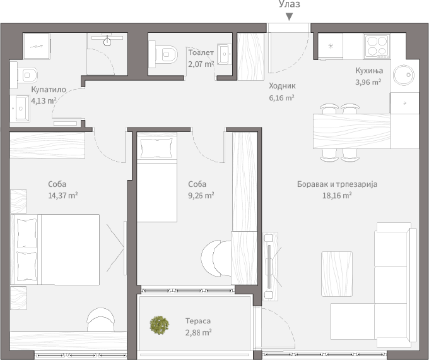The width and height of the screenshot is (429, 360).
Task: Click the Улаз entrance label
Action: pos(289,4)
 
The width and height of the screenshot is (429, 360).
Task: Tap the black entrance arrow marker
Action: pos(289,17)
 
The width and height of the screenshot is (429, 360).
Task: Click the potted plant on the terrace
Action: pos(159,325)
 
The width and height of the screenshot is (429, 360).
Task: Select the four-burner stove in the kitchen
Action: pos(377,46)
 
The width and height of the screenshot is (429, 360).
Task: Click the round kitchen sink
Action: pos(404,75)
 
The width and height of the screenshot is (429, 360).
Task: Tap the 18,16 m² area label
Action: pos(337,196)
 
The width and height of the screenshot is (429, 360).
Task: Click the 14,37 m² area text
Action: pos(62,196)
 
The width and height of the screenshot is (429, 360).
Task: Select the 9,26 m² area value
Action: pos(201,196)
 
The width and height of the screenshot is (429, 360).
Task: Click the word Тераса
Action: pos(198,321)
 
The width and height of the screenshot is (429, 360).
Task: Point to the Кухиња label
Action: pos(369,71)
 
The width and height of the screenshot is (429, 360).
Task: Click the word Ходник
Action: pos(282,86)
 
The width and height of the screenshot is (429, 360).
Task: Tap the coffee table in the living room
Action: pos(337,273)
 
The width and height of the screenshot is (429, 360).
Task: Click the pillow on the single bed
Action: pos(156,148)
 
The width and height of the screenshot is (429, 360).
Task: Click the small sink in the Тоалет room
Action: pos(225,54)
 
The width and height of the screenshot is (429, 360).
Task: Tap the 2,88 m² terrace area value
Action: pos(198,333)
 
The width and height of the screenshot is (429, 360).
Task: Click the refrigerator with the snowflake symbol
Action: pos(330,46)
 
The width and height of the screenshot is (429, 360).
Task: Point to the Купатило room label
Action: pos(49,90)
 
